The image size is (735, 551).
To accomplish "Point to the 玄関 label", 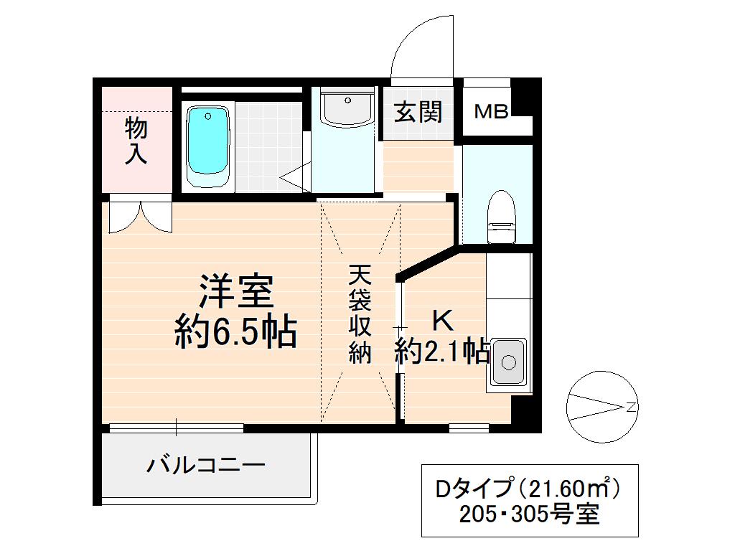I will (x=418, y=112).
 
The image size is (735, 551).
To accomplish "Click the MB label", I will (x=492, y=111).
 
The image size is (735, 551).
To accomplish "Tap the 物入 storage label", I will (x=136, y=141).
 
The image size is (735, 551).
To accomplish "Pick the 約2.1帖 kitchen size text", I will (x=442, y=352).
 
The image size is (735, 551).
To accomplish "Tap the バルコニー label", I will (x=206, y=466).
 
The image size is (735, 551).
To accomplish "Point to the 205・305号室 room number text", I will (x=530, y=514).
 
